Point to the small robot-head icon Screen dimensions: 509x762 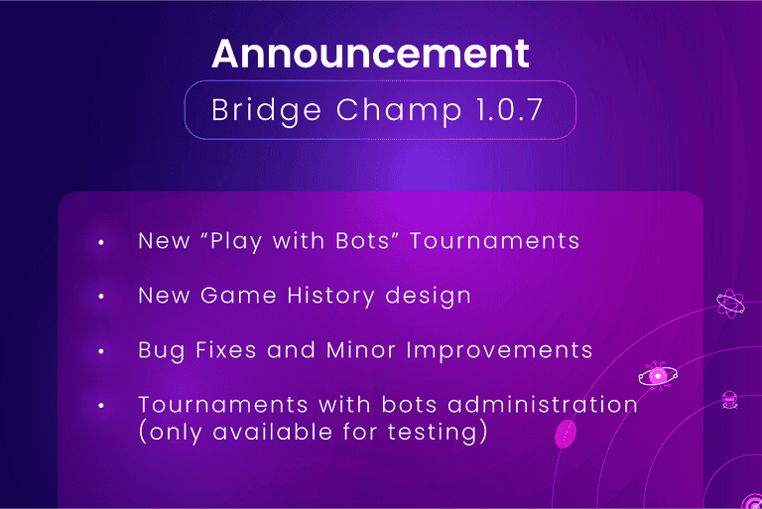point(731,400)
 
